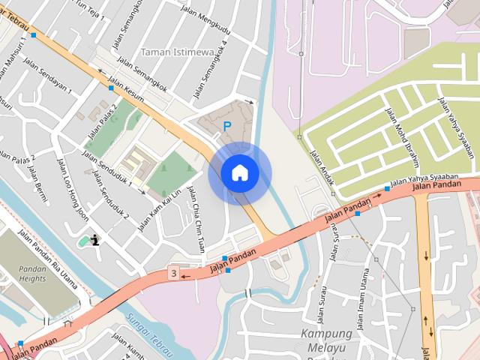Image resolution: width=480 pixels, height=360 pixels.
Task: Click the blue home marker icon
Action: (240, 173)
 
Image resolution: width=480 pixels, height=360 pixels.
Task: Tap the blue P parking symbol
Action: (227, 127)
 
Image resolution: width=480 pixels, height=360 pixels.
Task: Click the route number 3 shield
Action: (174, 274)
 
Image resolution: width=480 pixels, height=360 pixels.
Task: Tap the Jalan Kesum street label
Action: (126, 91)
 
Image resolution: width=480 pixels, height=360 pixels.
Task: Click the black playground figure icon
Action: (95, 241)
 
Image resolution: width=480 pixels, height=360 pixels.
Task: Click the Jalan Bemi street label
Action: (35, 180)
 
